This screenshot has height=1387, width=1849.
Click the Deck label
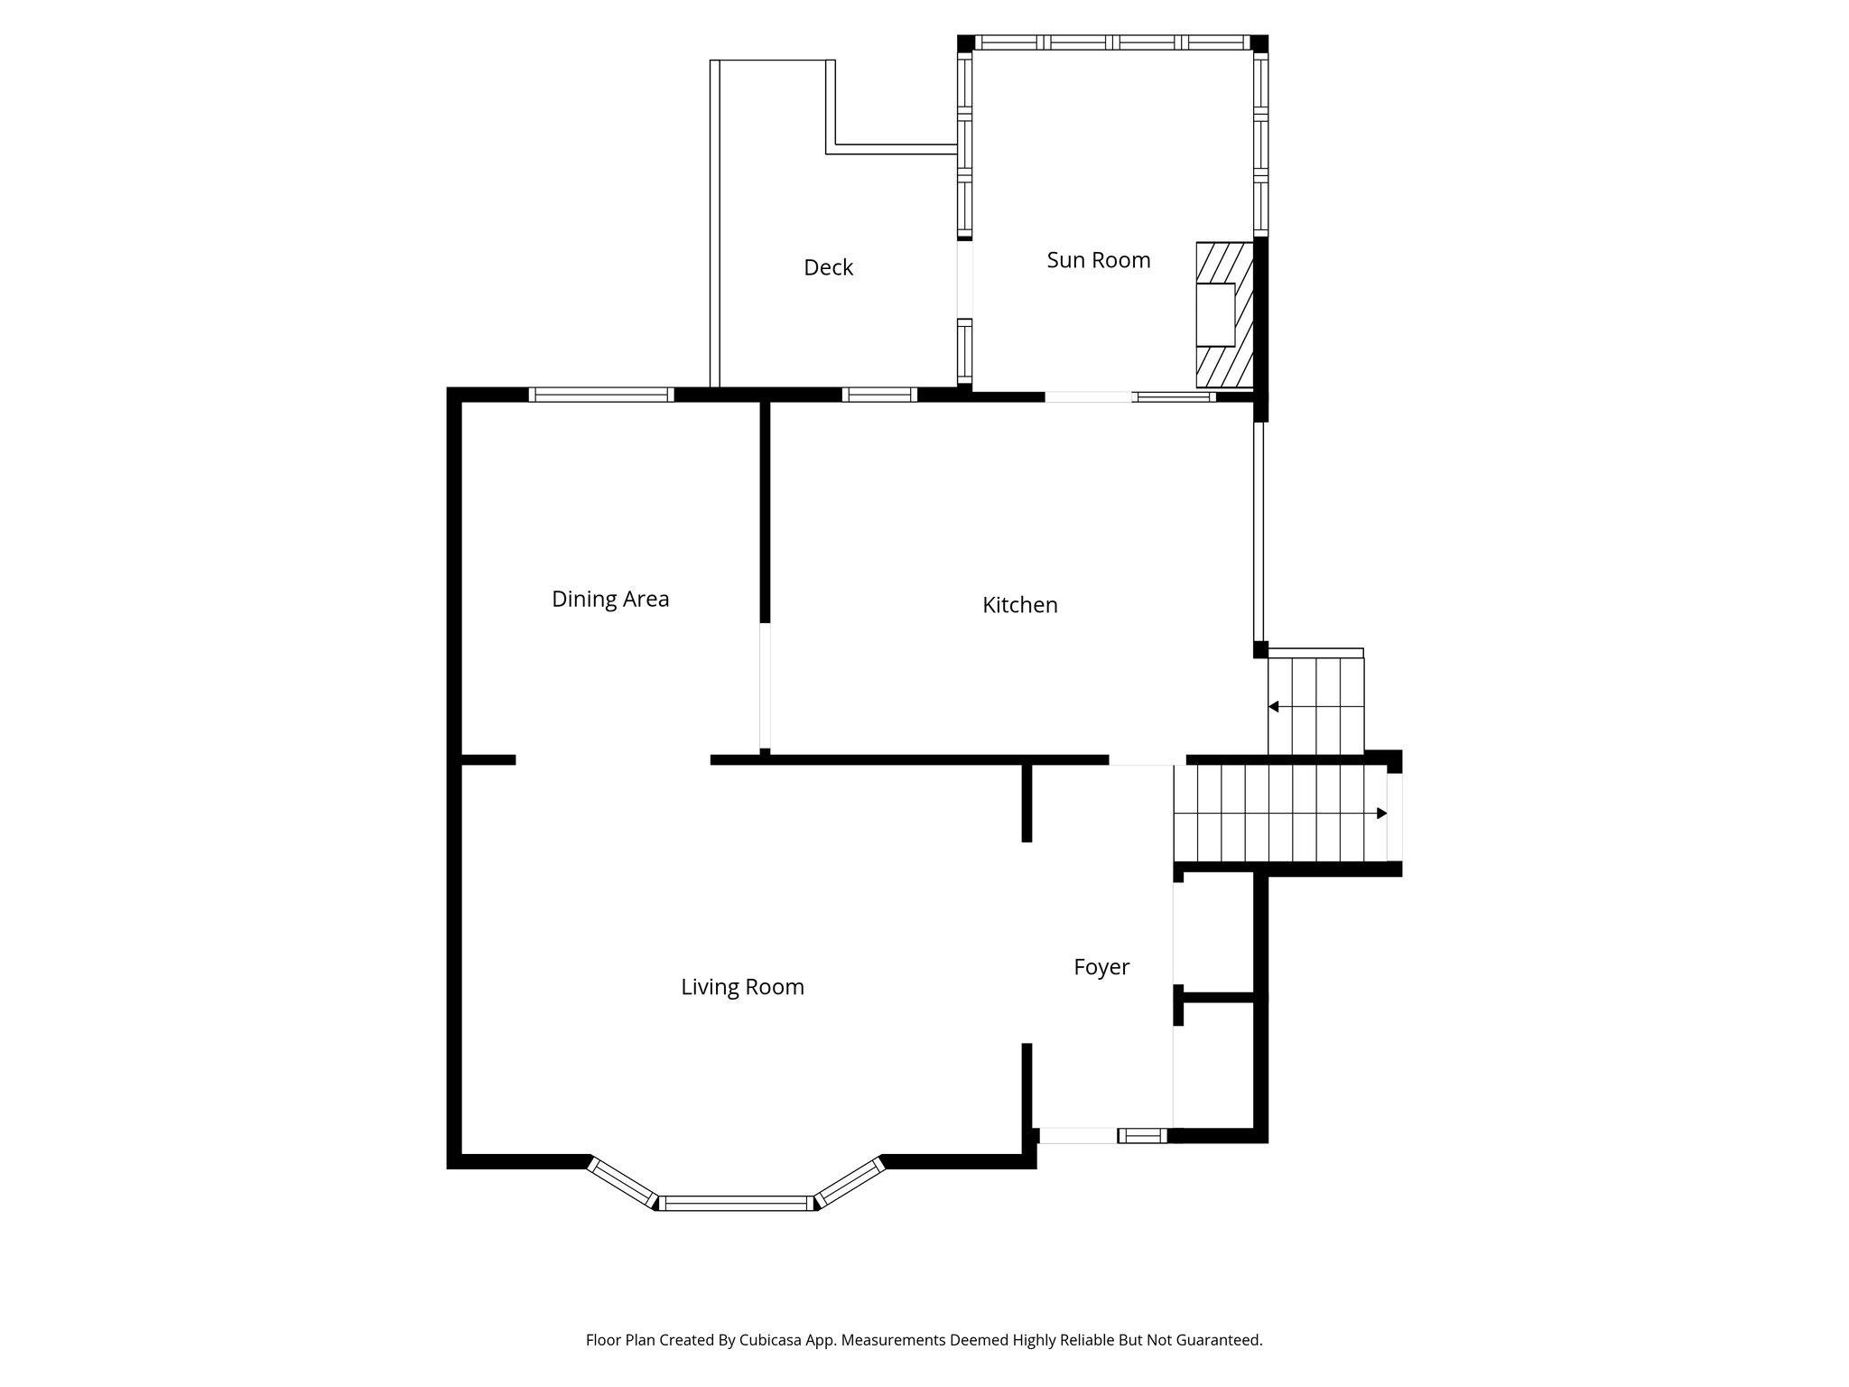(x=828, y=267)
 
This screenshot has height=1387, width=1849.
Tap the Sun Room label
(x=1098, y=260)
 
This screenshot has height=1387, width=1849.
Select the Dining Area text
(x=610, y=599)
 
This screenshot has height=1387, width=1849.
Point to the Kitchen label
(x=1019, y=605)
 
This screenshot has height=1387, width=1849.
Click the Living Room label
(x=742, y=987)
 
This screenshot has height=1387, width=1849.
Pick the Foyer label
(x=1101, y=967)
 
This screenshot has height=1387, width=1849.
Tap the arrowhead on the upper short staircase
(x=1274, y=706)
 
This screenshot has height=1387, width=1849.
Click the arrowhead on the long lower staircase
(x=1380, y=814)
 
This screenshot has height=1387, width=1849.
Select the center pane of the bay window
(x=737, y=1203)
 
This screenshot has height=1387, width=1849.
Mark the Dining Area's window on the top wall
(x=600, y=395)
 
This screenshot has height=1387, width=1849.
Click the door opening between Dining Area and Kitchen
(x=765, y=685)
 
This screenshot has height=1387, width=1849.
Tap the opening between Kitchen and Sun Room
(x=1088, y=396)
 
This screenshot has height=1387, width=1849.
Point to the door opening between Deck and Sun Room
(x=964, y=279)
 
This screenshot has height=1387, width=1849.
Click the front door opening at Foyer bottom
(x=1078, y=1136)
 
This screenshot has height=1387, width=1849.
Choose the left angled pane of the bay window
(x=621, y=1184)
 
